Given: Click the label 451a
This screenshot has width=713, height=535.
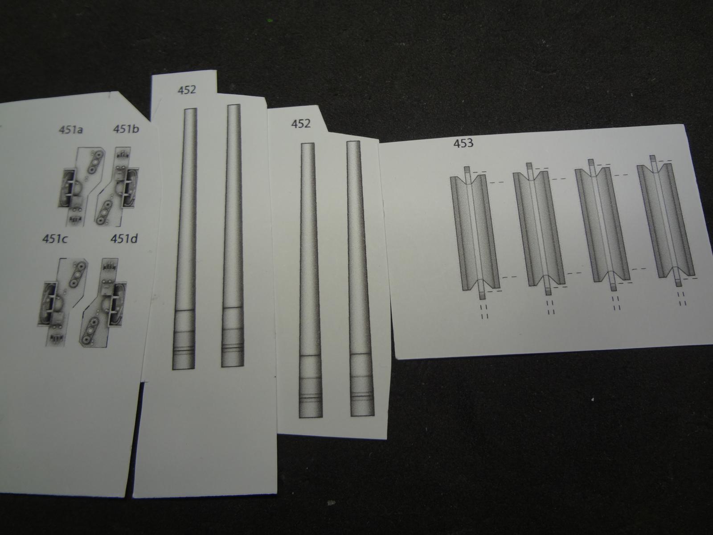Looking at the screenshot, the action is pos(71,130).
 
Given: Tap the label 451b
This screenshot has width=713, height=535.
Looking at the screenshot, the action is pos(126,129).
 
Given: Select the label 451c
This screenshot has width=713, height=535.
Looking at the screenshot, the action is pos(55,239).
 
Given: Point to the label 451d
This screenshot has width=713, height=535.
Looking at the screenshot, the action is pos(124,239).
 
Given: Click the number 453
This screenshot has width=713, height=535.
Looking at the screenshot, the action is pos(463,143).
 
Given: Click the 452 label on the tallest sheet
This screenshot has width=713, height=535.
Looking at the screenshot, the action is pos(187,90).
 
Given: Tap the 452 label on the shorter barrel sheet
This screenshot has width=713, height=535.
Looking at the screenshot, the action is pos(301,123).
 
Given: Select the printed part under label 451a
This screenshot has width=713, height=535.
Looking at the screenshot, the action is pos(82,187).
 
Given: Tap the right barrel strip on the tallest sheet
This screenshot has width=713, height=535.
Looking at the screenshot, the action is pos(233,235).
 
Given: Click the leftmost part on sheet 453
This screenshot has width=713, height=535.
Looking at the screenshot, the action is pos(474,233).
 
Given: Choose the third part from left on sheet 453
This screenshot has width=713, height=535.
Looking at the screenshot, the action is pos(602,225).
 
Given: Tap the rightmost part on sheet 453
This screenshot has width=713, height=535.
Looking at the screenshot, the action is pos(666,221).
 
